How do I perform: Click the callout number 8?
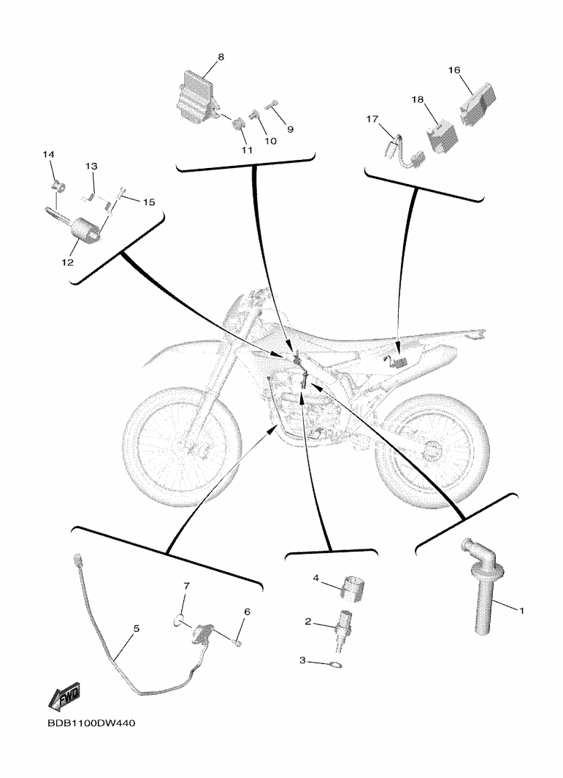221,57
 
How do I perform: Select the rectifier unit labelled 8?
196,96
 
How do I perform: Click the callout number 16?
454,70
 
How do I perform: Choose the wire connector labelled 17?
404,150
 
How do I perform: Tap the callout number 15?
149,202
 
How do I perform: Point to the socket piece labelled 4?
352,588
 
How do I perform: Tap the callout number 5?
137,629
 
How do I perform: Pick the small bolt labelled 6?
237,644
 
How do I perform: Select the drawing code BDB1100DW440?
91,723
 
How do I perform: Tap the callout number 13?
91,167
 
